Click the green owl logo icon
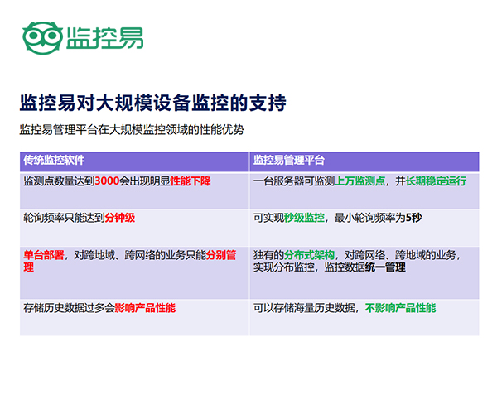tap(42, 38)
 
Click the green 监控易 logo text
tap(105, 38)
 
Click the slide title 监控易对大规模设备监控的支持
tap(152, 103)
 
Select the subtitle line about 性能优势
tap(132, 130)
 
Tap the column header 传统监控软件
tap(54, 160)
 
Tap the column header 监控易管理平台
tap(289, 160)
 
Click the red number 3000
tap(107, 181)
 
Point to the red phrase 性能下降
tap(191, 181)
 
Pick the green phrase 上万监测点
tap(359, 181)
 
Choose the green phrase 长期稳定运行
tap(437, 181)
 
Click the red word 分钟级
tap(120, 218)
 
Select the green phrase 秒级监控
tap(304, 218)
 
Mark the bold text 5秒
tap(413, 218)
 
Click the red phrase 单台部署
tap(44, 255)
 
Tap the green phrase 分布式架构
tap(309, 255)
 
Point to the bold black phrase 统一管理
tap(385, 267)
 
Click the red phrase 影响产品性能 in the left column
tap(145, 308)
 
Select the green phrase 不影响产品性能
tap(400, 308)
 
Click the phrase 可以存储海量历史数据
tap(304, 308)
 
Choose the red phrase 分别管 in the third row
tap(221, 255)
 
